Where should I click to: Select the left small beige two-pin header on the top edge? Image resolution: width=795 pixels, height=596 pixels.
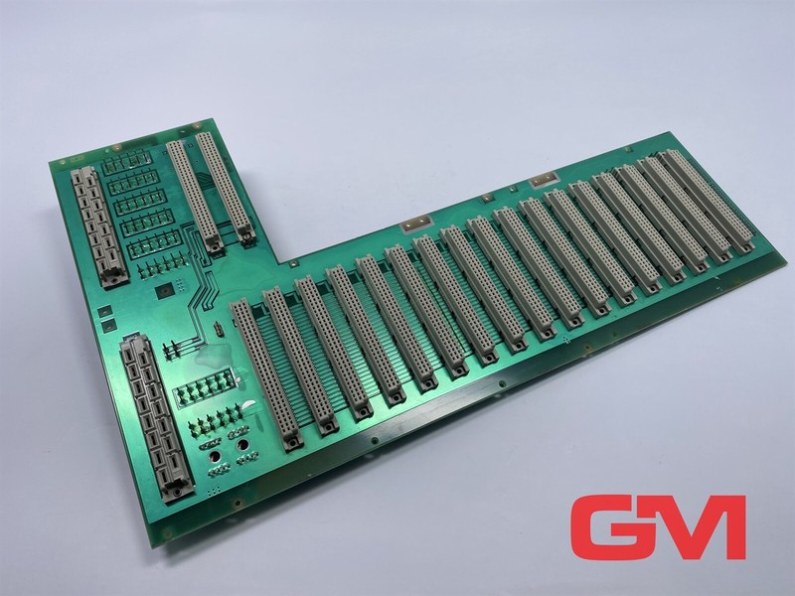click(x=416, y=223)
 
